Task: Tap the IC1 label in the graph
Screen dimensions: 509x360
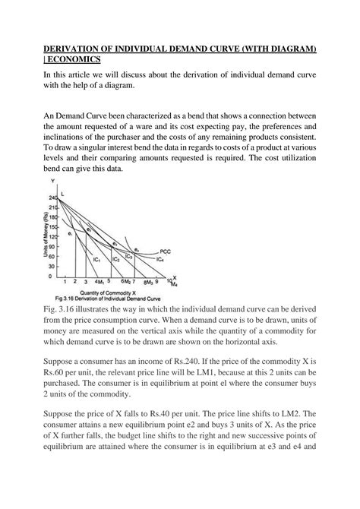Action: (x=96, y=259)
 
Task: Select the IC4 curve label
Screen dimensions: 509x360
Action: (x=159, y=259)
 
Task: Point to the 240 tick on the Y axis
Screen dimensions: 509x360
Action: (x=53, y=198)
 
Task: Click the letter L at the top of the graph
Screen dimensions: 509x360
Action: (x=62, y=195)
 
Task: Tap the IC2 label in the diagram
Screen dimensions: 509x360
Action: (x=115, y=259)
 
